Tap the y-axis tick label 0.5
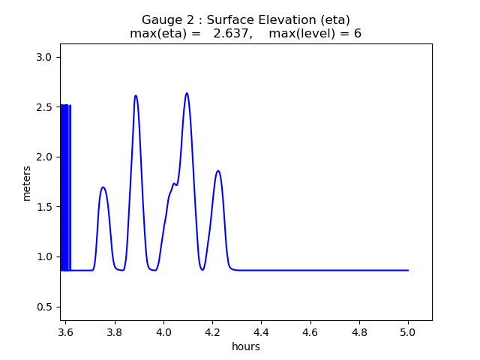tap(46, 307)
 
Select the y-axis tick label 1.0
tap(46, 256)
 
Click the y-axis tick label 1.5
tap(46, 207)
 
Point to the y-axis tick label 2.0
tap(46, 157)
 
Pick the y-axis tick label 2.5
tap(46, 107)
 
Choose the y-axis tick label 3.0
tap(46, 57)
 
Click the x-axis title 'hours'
tap(246, 347)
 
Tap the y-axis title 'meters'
tap(27, 182)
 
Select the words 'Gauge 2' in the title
tap(165, 20)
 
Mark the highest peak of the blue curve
tap(187, 93)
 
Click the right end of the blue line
tap(408, 270)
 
